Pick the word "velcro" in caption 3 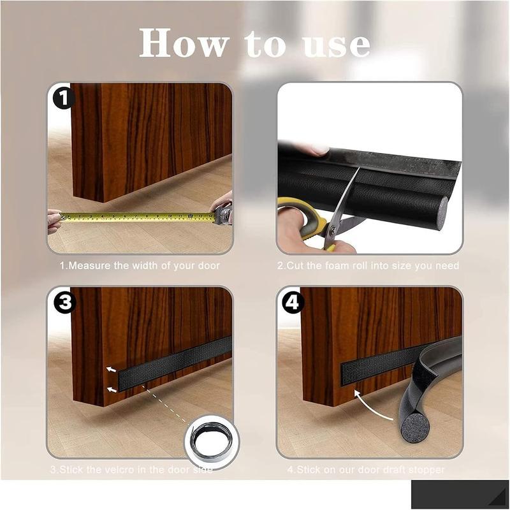(120, 470)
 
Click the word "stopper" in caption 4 (428, 470)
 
